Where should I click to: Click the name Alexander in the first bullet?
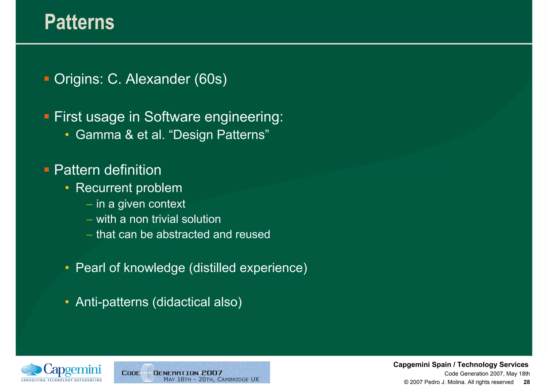[x=158, y=79]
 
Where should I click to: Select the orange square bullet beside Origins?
[x=47, y=79]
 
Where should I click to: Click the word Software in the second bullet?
[x=172, y=117]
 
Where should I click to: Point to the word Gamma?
[x=98, y=135]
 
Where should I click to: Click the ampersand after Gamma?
[x=129, y=135]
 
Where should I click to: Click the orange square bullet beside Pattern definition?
[x=47, y=170]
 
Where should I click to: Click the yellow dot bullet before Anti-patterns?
[x=67, y=302]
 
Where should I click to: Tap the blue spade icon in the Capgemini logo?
[x=32, y=369]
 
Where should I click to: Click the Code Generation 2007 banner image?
[x=192, y=372]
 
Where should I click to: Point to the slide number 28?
[x=526, y=382]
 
